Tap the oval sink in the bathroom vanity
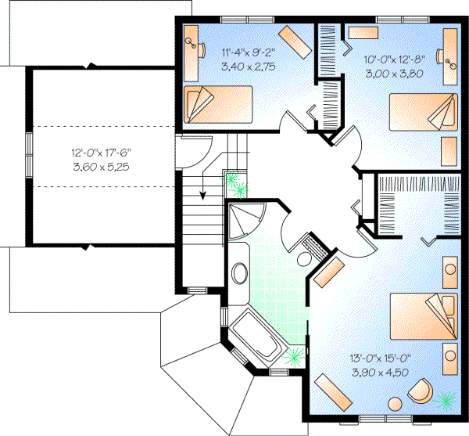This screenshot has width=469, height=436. click(241, 276)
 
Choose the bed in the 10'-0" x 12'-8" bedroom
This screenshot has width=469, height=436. click(423, 110)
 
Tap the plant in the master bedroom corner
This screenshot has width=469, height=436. click(448, 399)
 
